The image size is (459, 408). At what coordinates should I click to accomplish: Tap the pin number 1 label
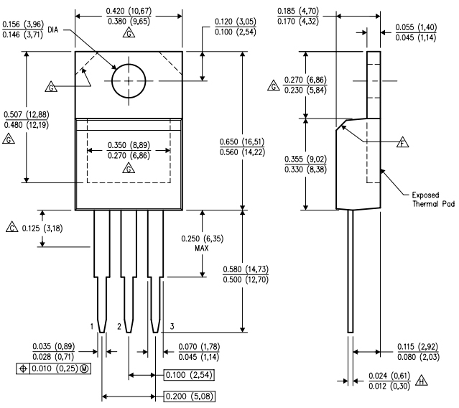pos(92,326)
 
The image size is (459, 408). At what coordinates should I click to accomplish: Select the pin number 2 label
pos(119,326)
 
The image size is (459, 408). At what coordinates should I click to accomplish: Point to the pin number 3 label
pos(172,326)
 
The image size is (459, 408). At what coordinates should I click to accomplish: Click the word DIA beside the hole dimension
pos(52,30)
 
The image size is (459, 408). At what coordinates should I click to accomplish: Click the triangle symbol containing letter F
pos(403,142)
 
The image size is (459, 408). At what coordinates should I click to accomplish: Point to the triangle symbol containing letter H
pos(422,380)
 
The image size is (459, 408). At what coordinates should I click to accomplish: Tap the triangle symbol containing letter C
pos(12,227)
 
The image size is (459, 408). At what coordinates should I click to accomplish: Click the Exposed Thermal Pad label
pos(433,199)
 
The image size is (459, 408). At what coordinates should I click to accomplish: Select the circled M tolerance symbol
pos(84,368)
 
